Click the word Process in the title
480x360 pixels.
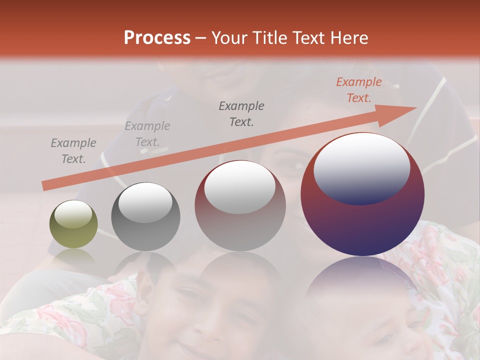click(157, 38)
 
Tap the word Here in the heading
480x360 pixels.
click(348, 38)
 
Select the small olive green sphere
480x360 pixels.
click(73, 224)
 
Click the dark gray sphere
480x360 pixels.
click(145, 216)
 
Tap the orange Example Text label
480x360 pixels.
click(358, 90)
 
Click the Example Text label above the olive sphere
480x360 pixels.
click(73, 150)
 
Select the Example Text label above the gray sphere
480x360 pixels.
click(147, 133)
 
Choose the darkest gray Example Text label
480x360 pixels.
click(241, 113)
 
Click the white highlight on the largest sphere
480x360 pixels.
click(361, 167)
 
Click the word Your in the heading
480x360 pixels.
click(228, 38)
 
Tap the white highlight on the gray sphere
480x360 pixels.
click(145, 202)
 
